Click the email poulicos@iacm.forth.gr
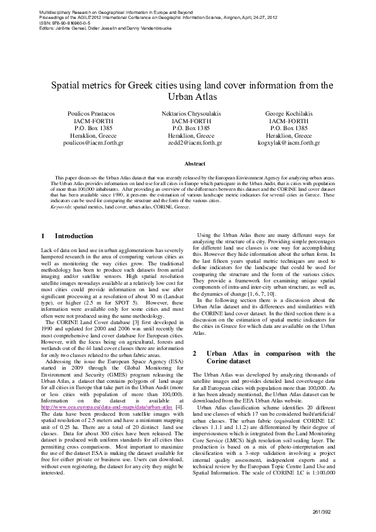(x=94, y=143)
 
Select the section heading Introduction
(x=74, y=236)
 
